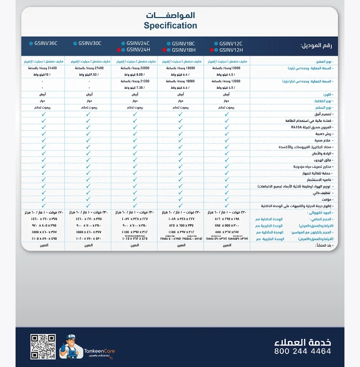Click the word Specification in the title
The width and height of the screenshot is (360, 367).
click(x=170, y=26)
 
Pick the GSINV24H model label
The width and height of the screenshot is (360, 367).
click(x=138, y=50)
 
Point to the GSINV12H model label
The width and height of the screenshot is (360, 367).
click(x=231, y=50)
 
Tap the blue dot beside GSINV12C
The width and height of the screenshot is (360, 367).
click(x=215, y=44)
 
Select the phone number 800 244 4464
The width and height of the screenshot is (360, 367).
click(x=302, y=351)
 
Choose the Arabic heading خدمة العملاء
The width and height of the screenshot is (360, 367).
click(x=302, y=341)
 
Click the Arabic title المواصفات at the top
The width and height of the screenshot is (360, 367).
click(x=170, y=16)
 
